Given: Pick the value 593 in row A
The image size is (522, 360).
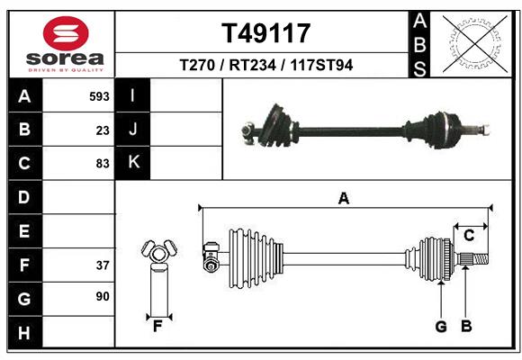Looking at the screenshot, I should point(99,96).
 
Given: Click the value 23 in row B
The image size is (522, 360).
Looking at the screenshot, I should point(103,130).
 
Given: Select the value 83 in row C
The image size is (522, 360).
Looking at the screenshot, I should point(103,164).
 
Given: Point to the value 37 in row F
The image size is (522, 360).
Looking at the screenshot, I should point(103,265).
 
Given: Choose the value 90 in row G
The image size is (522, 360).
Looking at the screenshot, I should point(103,296).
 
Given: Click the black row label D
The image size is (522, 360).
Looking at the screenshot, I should point(24,197).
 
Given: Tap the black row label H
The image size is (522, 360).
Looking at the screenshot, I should point(24,333).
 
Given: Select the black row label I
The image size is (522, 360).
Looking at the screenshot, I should point(133,96).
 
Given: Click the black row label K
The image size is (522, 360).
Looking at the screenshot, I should point(133,163).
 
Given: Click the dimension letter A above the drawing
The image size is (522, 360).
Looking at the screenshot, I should point(343,199).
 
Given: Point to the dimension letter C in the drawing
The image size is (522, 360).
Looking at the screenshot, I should point(468,236).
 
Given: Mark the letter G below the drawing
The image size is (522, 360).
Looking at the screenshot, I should point(441,327).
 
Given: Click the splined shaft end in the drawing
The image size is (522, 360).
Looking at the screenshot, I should point(476,261).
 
